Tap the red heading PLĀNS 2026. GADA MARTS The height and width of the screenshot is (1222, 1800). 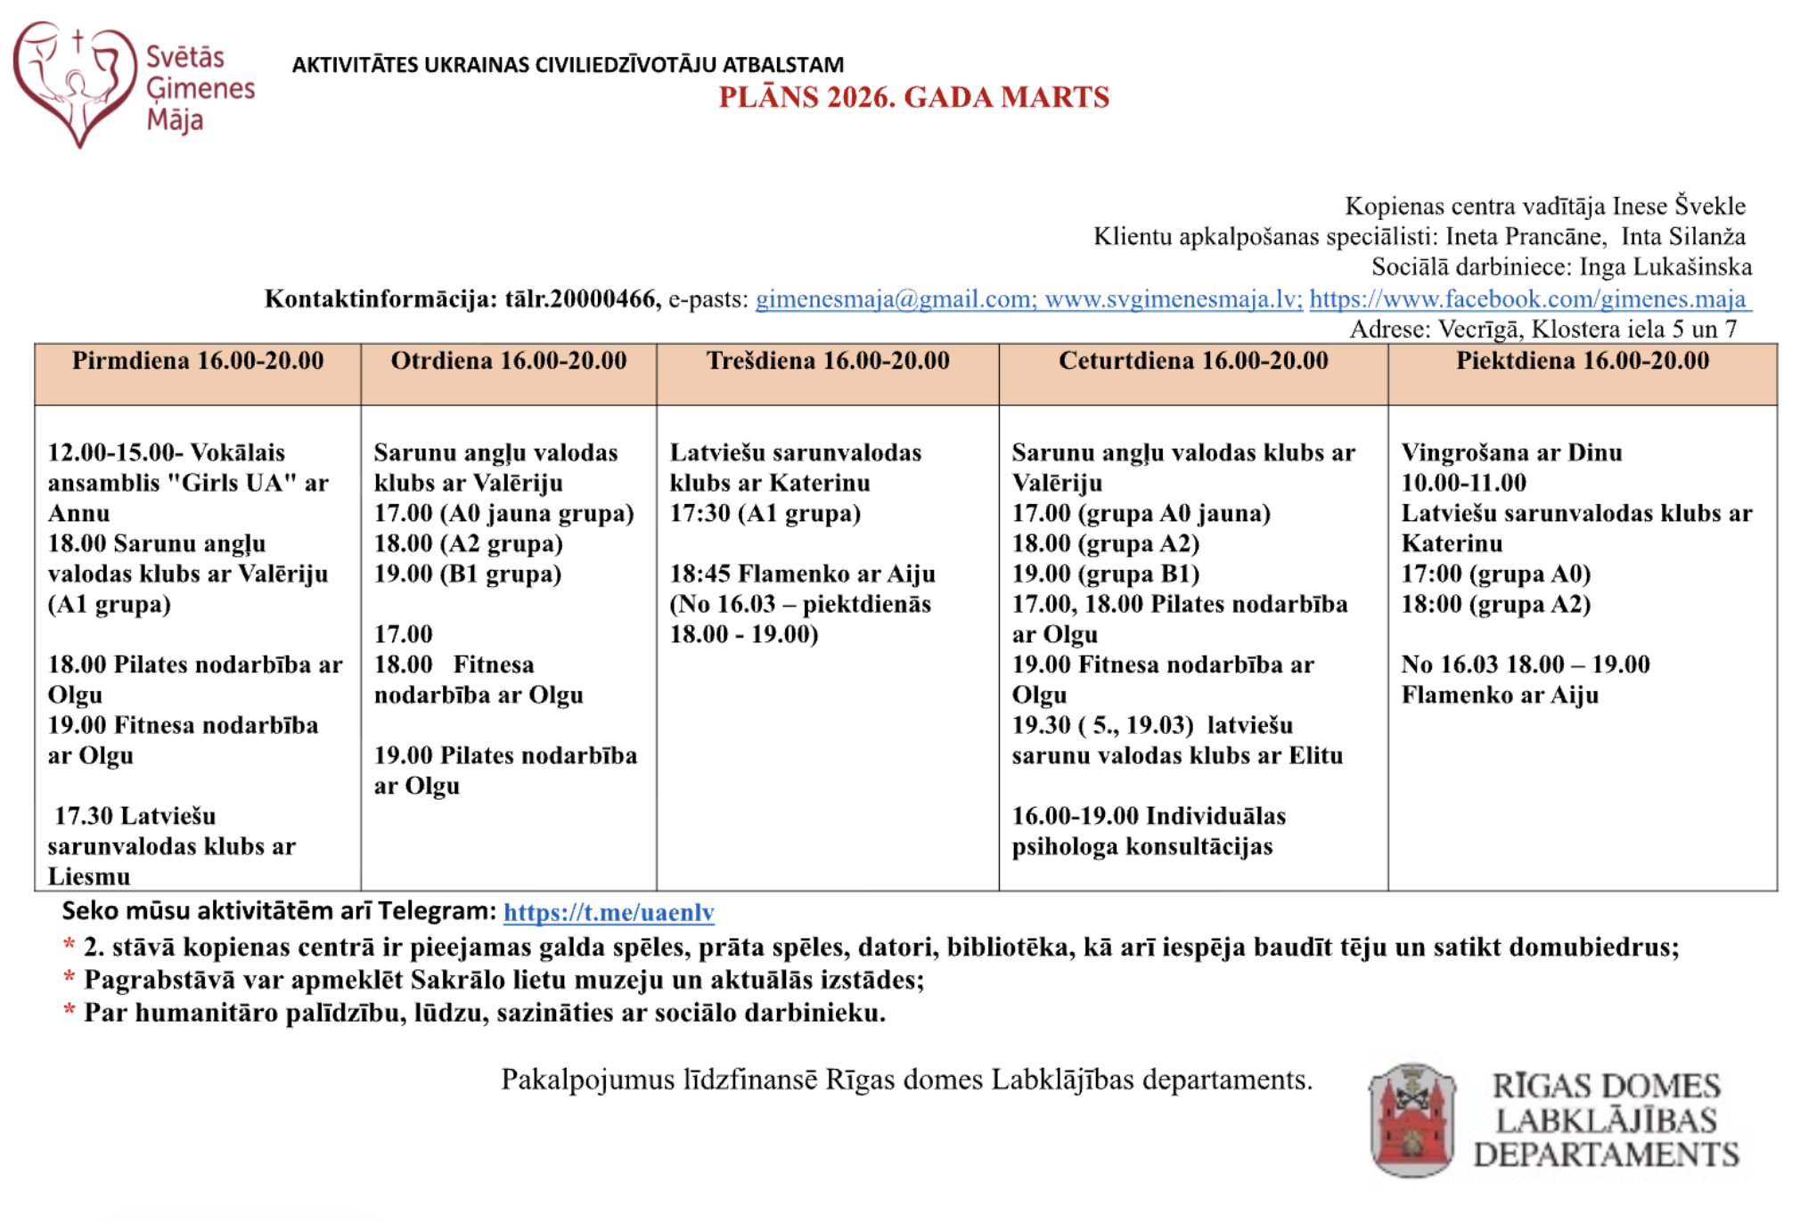pos(913,97)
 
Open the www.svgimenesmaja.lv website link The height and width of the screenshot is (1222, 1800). pos(1173,299)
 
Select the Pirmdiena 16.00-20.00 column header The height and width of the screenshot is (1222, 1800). pos(198,362)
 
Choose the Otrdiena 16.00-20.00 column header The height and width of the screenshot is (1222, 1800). pos(509,362)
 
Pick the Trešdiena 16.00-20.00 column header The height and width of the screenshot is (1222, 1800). pos(828,362)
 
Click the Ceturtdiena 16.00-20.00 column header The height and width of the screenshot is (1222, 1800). pos(1193,362)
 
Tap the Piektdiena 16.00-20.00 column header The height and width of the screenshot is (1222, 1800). pos(1583,362)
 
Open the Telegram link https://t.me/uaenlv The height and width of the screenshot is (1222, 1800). pos(609,913)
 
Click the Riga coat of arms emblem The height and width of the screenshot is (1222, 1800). pos(1412,1120)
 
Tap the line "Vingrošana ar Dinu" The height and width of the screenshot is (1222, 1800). pos(1511,453)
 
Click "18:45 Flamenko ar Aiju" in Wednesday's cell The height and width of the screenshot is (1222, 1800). pos(802,574)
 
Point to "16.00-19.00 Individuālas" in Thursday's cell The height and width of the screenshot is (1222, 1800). pos(1149,817)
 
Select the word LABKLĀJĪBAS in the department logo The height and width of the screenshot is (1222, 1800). pos(1606,1120)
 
